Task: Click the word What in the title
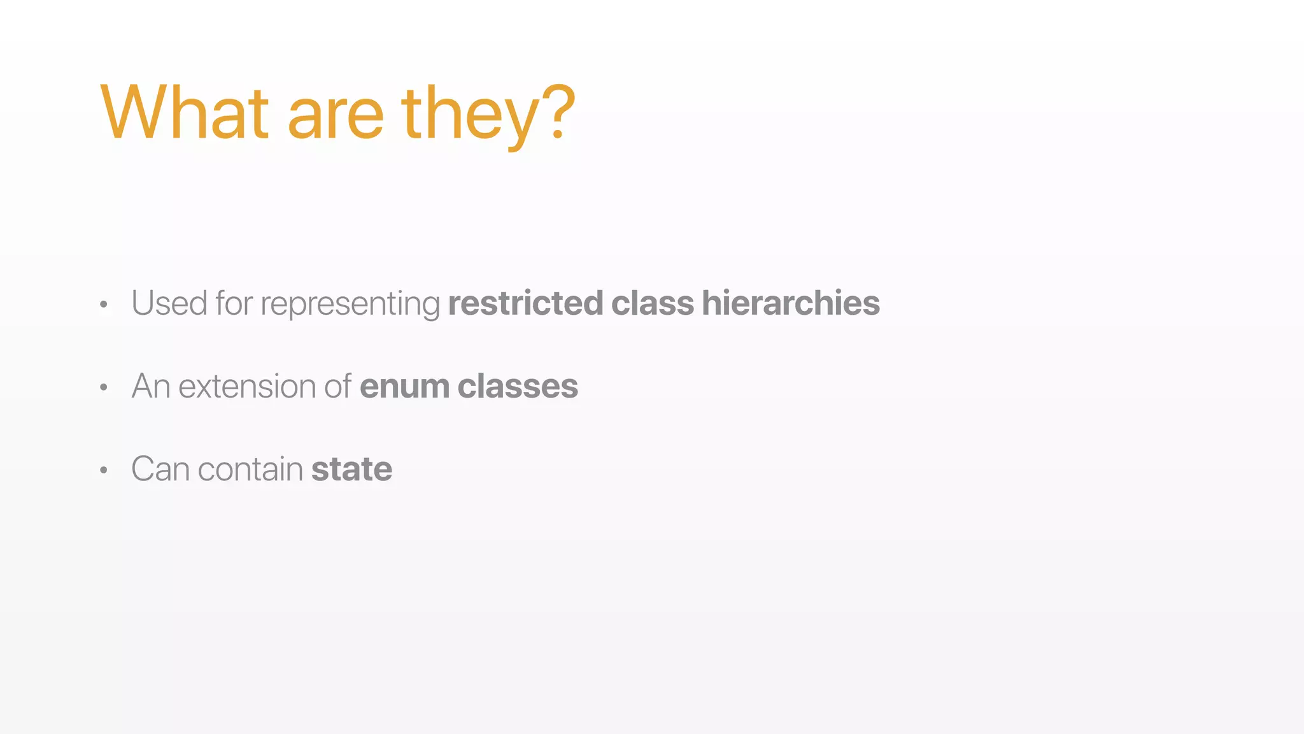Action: coord(185,113)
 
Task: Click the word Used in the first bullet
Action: coord(169,303)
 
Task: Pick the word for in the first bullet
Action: coord(234,303)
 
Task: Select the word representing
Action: coord(350,305)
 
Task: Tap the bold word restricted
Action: coord(525,303)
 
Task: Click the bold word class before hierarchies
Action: coord(652,303)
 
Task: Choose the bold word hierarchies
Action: coord(791,303)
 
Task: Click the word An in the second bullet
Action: coord(151,386)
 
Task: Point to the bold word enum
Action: coord(404,387)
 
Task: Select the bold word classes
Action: coord(518,387)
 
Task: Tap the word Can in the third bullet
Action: coord(160,469)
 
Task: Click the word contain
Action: coord(250,469)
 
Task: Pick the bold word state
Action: coord(351,470)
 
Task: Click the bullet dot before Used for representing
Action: coord(104,305)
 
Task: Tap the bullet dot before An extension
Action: coord(104,388)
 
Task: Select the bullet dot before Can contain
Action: coord(104,471)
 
